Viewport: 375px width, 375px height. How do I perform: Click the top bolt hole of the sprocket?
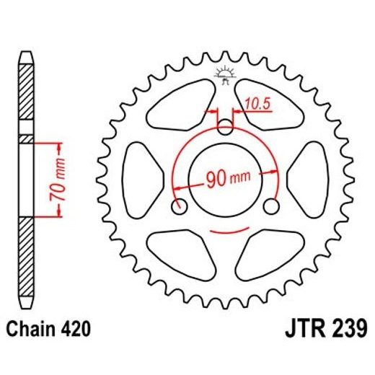point(226,128)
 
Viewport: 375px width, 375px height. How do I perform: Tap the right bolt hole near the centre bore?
point(271,207)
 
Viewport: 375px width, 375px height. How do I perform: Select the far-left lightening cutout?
point(137,176)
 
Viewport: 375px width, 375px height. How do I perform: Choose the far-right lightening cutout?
point(314,176)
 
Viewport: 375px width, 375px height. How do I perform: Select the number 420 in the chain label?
point(76,330)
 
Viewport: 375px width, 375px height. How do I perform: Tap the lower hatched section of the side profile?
point(25,252)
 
